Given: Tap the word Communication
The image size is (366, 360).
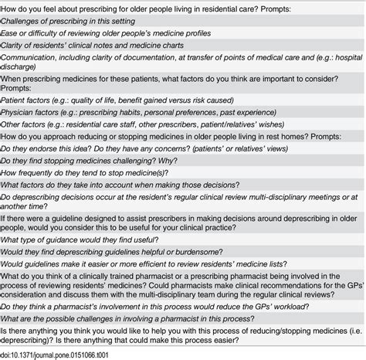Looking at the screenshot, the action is [x=33, y=70].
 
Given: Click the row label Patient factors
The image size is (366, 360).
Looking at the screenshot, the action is [x=31, y=114].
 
